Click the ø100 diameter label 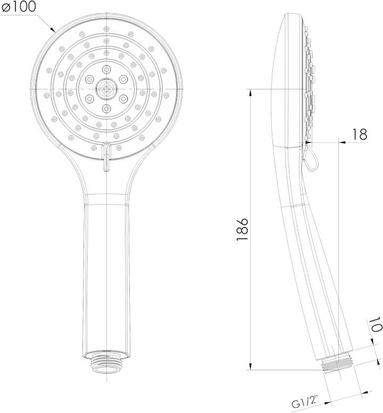pyautogui.click(x=19, y=7)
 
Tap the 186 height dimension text pyautogui.click(x=242, y=229)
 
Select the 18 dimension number pyautogui.click(x=360, y=134)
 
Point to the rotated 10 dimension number pyautogui.click(x=375, y=324)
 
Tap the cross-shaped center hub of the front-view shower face pyautogui.click(x=106, y=89)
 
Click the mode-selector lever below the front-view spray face pyautogui.click(x=106, y=157)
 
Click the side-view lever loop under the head pyautogui.click(x=311, y=157)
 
